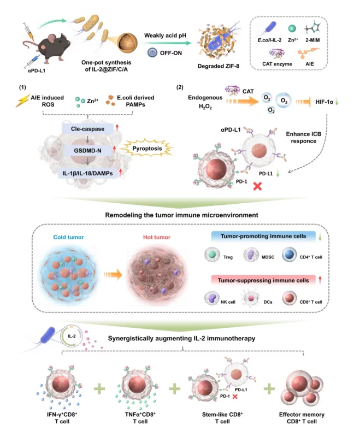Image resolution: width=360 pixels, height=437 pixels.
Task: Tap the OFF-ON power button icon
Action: pos(152,52)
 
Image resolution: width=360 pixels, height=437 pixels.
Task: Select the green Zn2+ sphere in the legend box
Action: pos(292,28)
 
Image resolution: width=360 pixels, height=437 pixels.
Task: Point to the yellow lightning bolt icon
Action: pos(22,101)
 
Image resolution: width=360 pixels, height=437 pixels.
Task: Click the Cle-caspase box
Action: pos(87,129)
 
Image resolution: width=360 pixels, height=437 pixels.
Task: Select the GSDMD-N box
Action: pos(87,151)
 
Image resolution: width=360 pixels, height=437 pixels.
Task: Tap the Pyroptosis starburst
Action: pos(147,148)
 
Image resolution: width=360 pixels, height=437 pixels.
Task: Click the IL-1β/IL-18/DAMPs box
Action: pos(87,173)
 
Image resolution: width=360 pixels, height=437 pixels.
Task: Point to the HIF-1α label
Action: pos(324,102)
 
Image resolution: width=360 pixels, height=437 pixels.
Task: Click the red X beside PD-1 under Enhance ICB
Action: pos(257,186)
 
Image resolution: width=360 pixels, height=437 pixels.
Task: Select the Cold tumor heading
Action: pos(68,237)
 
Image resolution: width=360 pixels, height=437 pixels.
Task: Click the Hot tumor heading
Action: pos(157,237)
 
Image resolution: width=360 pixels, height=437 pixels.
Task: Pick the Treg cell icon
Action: pos(212,255)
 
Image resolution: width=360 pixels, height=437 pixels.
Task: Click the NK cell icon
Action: pos(212,298)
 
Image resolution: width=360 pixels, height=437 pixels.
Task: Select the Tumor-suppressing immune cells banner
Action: pos(263,280)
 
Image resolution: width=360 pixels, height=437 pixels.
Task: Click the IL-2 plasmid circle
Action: pos(72,336)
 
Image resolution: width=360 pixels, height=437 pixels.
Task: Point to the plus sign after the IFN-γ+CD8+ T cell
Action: pos(99,388)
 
